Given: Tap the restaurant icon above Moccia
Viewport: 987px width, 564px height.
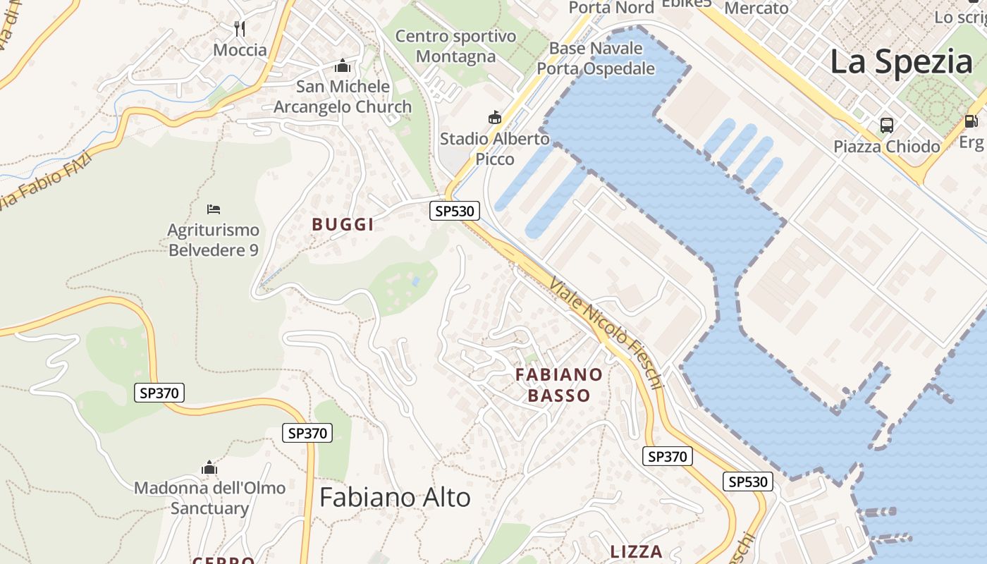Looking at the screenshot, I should click(x=240, y=28).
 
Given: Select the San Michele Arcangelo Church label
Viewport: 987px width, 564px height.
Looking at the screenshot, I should click(x=343, y=97).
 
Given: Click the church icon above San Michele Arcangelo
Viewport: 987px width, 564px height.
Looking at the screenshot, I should click(x=343, y=66).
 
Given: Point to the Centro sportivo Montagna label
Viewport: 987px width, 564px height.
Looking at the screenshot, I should click(x=455, y=46).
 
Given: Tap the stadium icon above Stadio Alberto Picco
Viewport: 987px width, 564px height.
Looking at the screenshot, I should click(x=495, y=117).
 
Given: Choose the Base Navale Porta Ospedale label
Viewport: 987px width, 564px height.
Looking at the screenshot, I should click(x=596, y=59).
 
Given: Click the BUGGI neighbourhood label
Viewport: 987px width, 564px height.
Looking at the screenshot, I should click(x=343, y=225).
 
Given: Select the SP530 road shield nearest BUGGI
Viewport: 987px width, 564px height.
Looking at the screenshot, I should click(x=455, y=211).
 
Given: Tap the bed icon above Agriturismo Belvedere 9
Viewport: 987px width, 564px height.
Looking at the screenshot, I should click(x=214, y=209).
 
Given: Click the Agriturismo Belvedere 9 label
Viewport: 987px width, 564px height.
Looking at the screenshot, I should click(x=213, y=240).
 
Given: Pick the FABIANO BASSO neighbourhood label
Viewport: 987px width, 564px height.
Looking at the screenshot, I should click(x=559, y=385).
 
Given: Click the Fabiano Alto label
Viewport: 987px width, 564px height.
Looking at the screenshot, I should click(x=395, y=498).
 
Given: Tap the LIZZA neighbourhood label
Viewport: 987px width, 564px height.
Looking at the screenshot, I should click(x=637, y=551).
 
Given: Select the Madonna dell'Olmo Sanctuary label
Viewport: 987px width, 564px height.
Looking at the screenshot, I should click(x=209, y=498).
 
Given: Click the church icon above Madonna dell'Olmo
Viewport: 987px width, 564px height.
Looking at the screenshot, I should click(x=209, y=467).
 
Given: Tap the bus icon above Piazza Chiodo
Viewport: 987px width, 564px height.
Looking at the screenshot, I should click(x=887, y=125).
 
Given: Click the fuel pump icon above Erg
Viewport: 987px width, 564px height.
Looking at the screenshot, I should click(x=971, y=121).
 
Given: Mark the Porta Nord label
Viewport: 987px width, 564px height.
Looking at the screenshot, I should click(x=611, y=8).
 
